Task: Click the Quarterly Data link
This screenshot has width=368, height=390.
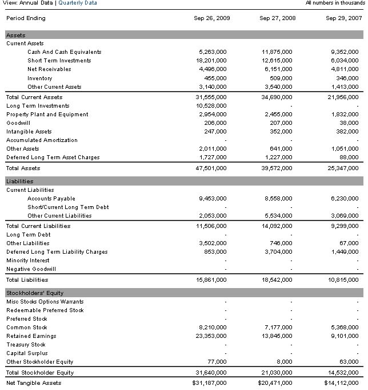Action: point(78,3)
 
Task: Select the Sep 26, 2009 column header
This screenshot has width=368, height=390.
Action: point(212,18)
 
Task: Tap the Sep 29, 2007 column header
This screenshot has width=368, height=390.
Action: point(344,18)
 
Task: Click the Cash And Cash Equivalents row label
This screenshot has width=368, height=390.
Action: point(64,52)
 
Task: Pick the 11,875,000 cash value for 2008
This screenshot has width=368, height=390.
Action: point(277,52)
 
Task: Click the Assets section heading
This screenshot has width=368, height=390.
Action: point(15,36)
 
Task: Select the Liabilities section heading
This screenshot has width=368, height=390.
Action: point(20,182)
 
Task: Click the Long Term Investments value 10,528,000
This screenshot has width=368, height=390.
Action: point(211,106)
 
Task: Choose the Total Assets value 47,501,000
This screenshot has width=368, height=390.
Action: point(211,168)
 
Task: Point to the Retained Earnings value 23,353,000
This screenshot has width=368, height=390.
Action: point(211,336)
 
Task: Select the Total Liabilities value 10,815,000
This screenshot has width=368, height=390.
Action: point(343,280)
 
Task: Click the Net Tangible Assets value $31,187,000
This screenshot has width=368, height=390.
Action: point(210,383)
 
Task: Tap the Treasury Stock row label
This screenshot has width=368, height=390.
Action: point(26,345)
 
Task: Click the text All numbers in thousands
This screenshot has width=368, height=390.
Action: point(334,3)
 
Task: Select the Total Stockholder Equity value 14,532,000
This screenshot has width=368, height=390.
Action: point(343,373)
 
